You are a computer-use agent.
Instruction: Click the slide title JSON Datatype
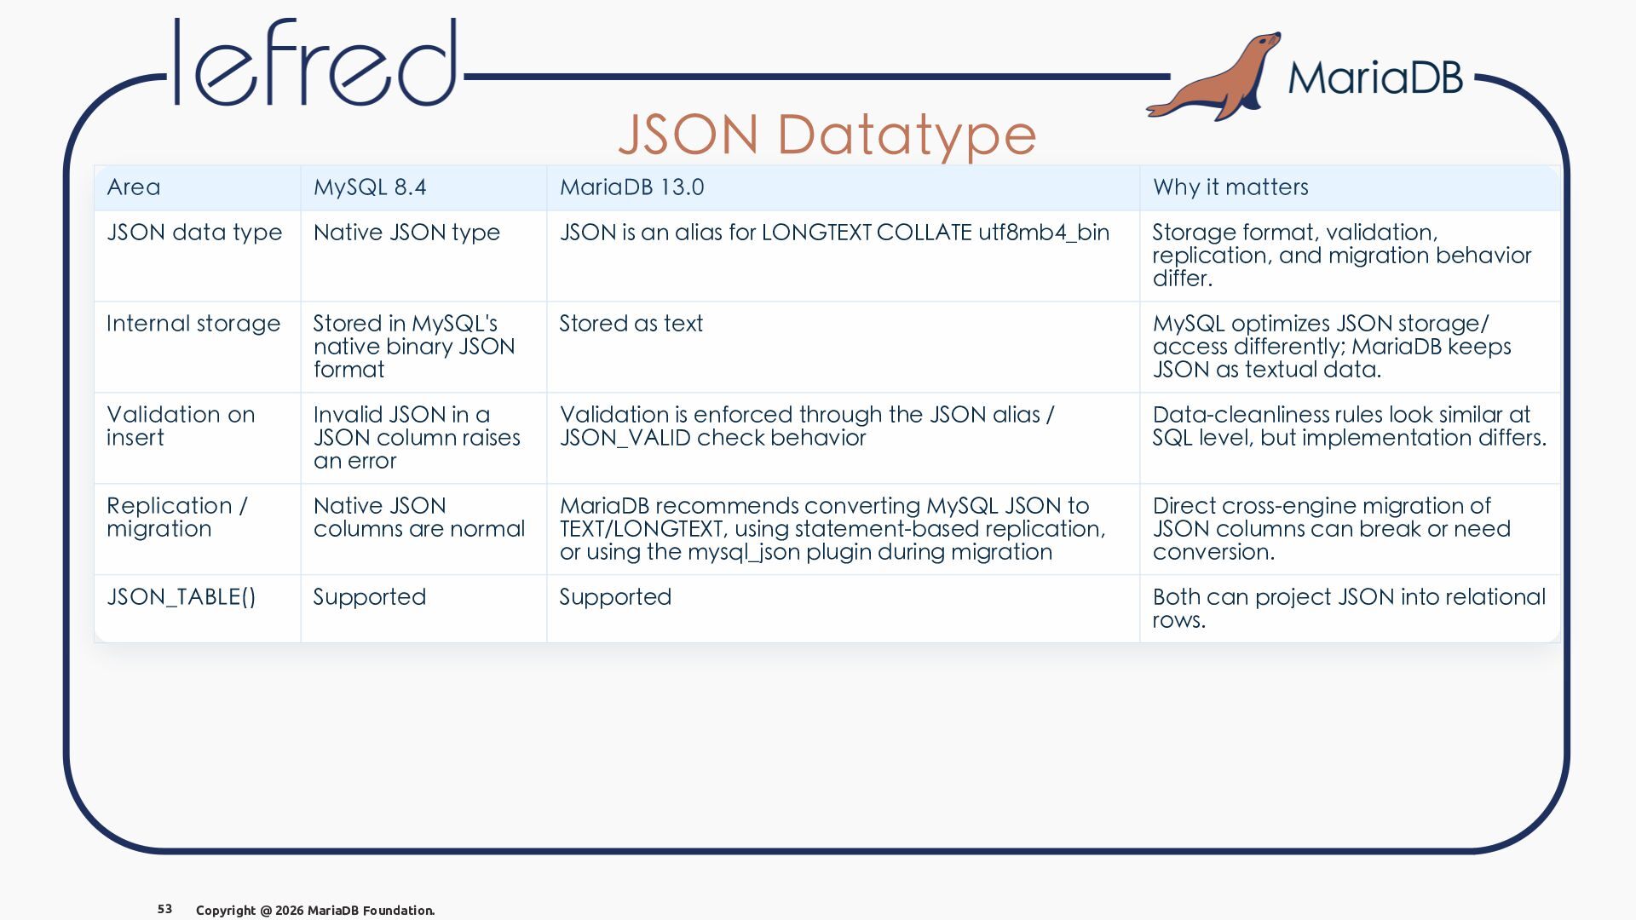tap(827, 135)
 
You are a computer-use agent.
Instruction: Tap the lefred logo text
tap(315, 63)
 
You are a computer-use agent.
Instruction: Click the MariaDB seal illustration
tap(1214, 77)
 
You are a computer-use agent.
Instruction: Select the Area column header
tap(134, 187)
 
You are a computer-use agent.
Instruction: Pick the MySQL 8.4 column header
tap(370, 187)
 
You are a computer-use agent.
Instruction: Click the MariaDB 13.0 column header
tap(631, 187)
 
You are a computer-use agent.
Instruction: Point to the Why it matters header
tap(1230, 187)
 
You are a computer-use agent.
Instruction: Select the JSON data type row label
tap(194, 233)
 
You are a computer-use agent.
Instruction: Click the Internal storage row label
tap(193, 324)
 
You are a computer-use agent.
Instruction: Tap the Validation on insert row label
tap(181, 426)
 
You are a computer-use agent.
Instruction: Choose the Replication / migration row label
tap(177, 517)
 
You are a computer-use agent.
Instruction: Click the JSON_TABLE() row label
tap(181, 597)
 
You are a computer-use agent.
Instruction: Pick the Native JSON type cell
tap(406, 233)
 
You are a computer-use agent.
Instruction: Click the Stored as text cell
tap(631, 324)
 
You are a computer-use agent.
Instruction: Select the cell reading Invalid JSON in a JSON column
tap(417, 438)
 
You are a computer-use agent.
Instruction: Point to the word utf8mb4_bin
tap(1044, 233)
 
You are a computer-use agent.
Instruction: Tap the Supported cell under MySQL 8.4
tap(369, 597)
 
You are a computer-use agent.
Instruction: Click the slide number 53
tap(165, 909)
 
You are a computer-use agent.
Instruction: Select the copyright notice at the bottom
tap(315, 911)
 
